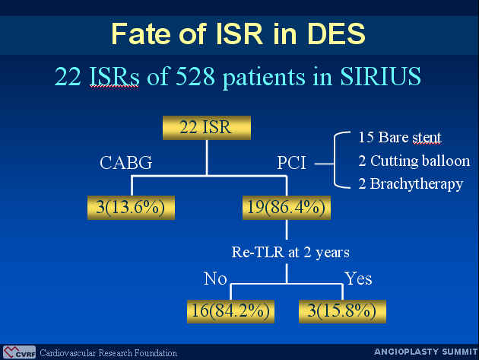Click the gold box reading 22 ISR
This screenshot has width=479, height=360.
[x=207, y=128]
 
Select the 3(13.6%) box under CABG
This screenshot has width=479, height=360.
[x=131, y=208]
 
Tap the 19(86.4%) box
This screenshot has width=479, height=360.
[x=287, y=208]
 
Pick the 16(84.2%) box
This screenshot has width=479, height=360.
[x=230, y=311]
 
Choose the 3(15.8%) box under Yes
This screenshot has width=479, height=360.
[x=342, y=311]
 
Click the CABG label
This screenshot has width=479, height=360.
[x=126, y=163]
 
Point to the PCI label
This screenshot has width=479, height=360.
[x=291, y=163]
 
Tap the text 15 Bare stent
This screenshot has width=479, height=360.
[x=400, y=138]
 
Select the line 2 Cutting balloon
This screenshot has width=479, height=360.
[x=414, y=161]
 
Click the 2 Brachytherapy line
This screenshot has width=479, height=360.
[x=411, y=184]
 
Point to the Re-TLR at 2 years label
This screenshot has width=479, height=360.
[x=290, y=253]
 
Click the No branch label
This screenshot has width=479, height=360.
[x=215, y=279]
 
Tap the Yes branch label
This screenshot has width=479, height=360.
[x=358, y=279]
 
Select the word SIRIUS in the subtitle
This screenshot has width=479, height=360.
[x=381, y=76]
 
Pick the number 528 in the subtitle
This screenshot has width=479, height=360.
[x=195, y=76]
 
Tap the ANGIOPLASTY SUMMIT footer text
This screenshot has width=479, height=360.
[x=426, y=352]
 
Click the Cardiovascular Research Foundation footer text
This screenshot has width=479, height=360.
[x=109, y=353]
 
